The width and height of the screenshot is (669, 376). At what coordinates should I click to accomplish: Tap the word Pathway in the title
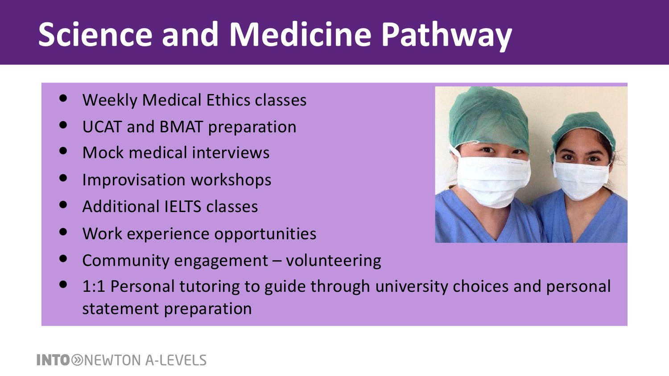[446, 37]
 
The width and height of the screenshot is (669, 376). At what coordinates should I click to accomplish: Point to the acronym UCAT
[102, 127]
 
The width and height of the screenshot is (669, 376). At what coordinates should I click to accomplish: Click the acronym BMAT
[181, 127]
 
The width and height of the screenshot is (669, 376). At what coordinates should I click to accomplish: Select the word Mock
[103, 152]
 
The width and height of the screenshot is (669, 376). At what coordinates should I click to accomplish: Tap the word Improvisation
[134, 180]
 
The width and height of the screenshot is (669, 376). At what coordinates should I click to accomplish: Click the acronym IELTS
[183, 207]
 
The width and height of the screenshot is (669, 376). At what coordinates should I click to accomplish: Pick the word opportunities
[265, 234]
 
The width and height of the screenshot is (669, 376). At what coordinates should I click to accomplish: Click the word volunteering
[333, 261]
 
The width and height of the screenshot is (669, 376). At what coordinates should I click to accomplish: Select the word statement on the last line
[121, 309]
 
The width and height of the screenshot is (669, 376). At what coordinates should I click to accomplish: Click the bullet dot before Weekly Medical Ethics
[63, 98]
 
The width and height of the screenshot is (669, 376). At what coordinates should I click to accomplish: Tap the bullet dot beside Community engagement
[63, 258]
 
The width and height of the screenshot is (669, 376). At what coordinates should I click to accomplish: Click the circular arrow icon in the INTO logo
[77, 360]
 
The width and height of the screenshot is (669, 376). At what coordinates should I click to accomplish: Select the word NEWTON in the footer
[112, 360]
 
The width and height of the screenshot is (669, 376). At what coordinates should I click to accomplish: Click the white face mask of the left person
[493, 180]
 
